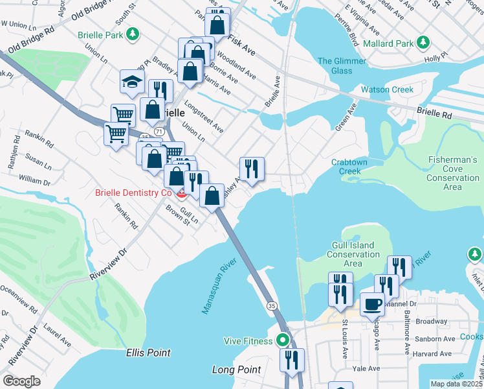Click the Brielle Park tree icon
tap(133, 34)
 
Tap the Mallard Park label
tap(388, 44)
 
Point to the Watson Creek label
tap(387, 89)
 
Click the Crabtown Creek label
tap(354, 167)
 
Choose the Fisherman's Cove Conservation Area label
tap(453, 173)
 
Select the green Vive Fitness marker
tap(282, 340)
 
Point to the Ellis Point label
tap(148, 353)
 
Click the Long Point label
tap(236, 370)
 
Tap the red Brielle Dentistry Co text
tap(133, 193)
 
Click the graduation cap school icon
tap(131, 82)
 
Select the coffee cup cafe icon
tap(372, 303)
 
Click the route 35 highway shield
tap(271, 305)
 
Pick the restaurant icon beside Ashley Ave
tap(252, 169)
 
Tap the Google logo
tap(21, 381)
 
